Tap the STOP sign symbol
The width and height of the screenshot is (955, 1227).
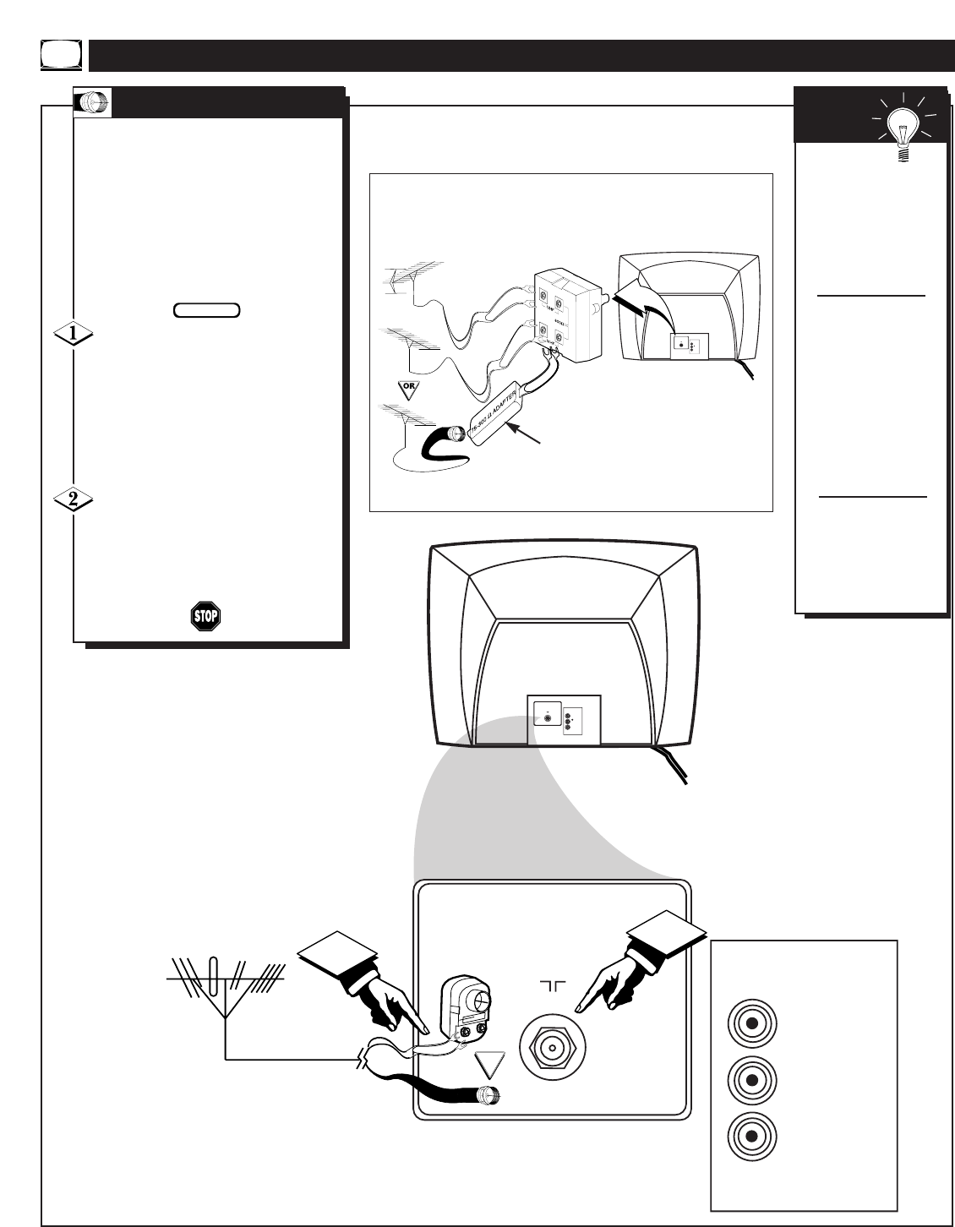point(205,616)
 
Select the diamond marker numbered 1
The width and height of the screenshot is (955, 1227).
point(74,335)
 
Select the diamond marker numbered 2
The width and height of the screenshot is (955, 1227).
point(74,499)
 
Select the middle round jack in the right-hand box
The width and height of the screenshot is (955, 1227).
point(751,1079)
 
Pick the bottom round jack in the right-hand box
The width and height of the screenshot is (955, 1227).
point(751,1136)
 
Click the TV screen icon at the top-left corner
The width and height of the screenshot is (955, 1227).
point(60,55)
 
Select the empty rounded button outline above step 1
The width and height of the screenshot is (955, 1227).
point(207,310)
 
